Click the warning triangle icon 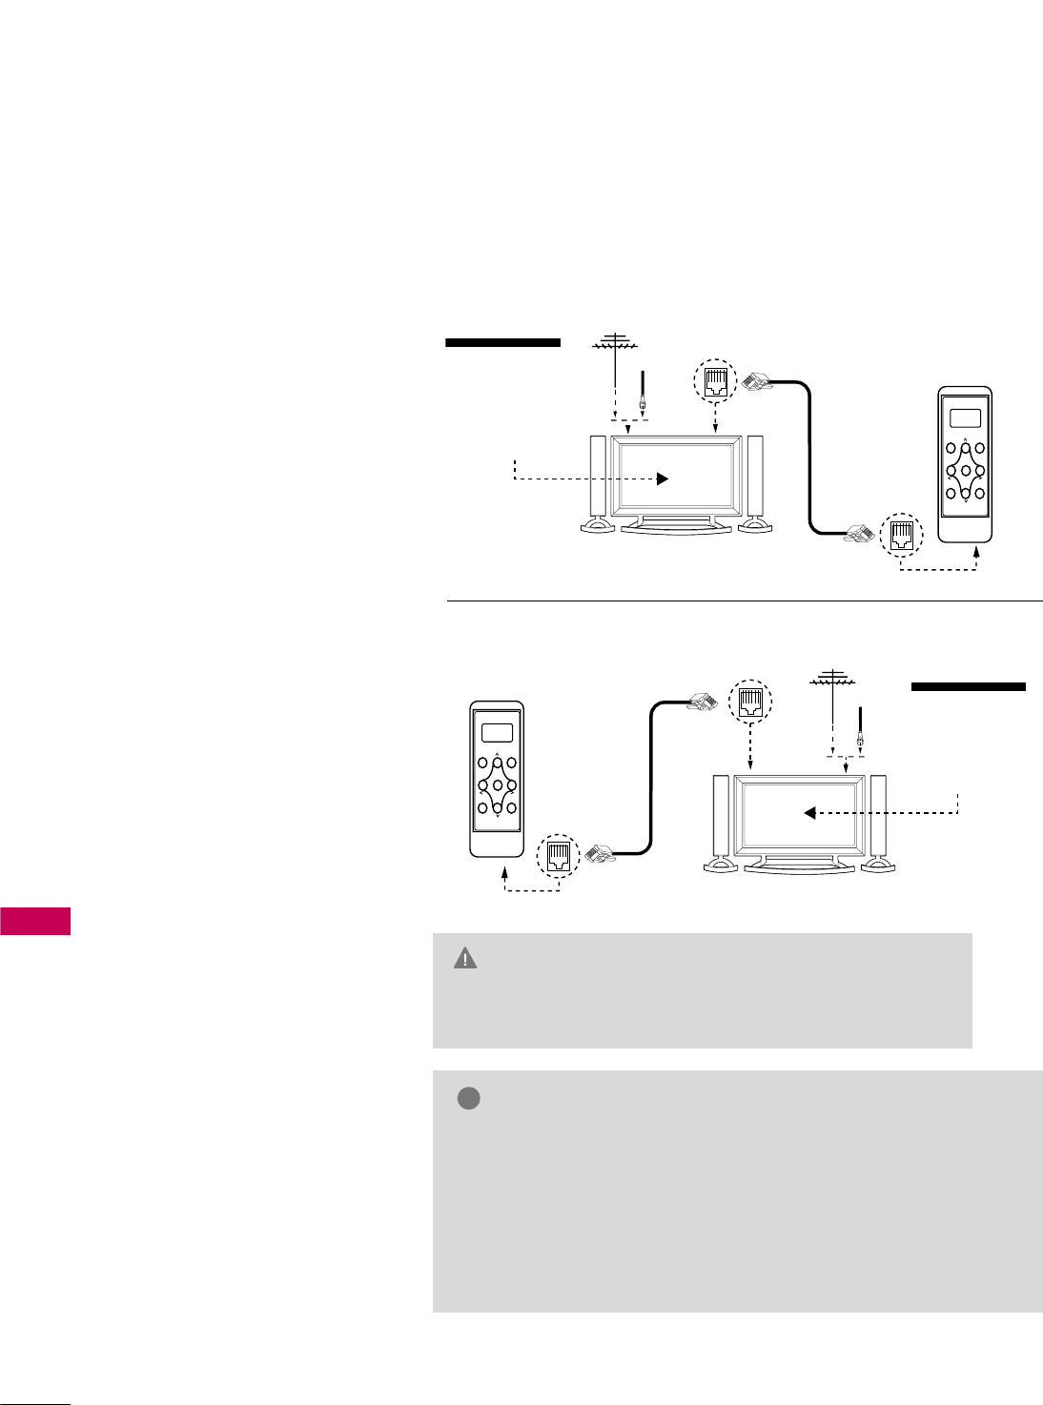pos(465,959)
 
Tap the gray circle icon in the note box pos(468,1098)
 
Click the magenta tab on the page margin pos(35,922)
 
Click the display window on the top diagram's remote pos(965,417)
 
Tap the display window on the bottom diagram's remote pos(497,733)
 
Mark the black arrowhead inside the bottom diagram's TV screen pos(809,813)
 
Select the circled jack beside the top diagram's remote pos(901,534)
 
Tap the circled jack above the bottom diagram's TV pos(749,702)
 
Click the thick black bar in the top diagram pos(502,342)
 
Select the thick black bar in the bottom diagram pos(968,686)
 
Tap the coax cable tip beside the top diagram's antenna pos(643,404)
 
